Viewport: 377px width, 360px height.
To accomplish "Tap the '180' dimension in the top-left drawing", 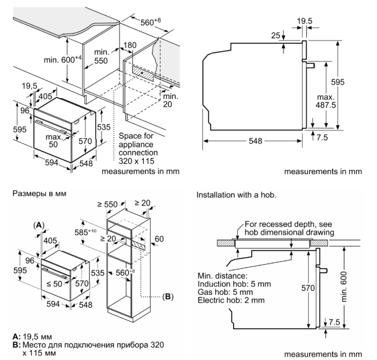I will (x=130, y=45).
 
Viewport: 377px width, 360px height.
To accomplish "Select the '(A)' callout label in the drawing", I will (x=39, y=224).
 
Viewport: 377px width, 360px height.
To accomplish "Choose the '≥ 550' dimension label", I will (x=108, y=204).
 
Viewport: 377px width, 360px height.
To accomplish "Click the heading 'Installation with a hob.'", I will (x=238, y=195).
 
